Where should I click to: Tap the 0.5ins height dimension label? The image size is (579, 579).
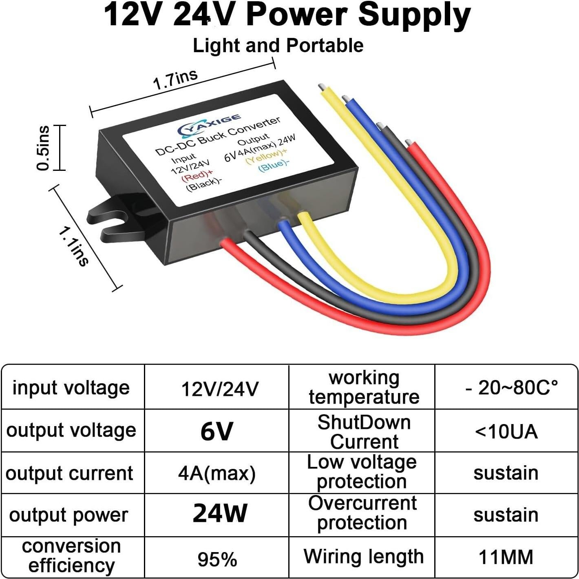(43, 148)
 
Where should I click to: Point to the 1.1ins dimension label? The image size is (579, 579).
(73, 247)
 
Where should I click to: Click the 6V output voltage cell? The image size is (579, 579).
(217, 431)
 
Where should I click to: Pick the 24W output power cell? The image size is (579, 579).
(220, 513)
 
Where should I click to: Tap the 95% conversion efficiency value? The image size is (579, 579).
(217, 559)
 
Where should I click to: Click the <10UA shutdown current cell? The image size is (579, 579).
(506, 431)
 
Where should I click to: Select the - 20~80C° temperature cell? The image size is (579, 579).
(511, 387)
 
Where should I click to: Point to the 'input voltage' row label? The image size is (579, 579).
(71, 387)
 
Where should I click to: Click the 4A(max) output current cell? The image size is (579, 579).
(217, 473)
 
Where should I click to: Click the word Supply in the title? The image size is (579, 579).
(414, 15)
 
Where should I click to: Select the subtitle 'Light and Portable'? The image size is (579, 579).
(278, 45)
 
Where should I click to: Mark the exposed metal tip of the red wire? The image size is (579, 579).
(407, 143)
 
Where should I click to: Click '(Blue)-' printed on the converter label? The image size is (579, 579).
(274, 165)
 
